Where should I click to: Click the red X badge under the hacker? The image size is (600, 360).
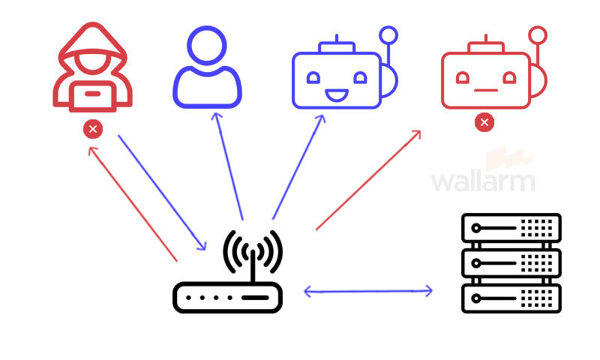93,130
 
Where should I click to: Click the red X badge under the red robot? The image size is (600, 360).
484,121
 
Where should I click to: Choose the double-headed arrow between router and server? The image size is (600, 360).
368,291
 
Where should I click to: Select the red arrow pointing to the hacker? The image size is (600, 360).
133,203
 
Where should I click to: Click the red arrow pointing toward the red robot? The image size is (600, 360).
368,180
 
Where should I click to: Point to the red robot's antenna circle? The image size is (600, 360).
538,34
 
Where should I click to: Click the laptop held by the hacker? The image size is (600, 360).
93,93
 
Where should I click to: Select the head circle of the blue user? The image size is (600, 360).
206,46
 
